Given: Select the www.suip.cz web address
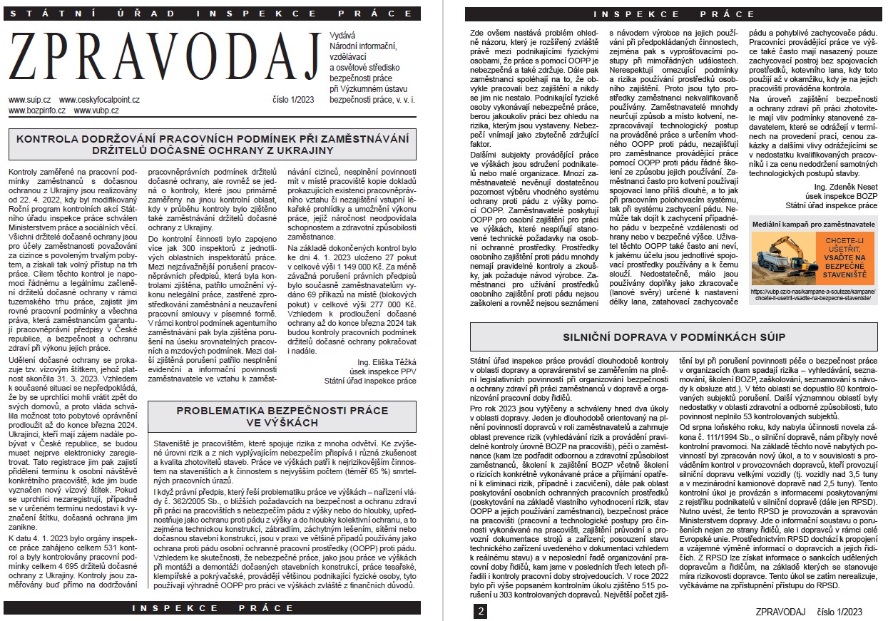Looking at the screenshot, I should click(x=29, y=101).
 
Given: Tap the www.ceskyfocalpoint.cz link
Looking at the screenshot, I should click(x=99, y=101).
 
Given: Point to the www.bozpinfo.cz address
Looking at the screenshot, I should click(x=37, y=111).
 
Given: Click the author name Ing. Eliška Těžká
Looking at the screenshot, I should click(x=386, y=362).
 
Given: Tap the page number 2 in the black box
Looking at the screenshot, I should click(x=481, y=612).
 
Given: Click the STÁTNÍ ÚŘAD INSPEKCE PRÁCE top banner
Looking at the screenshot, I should click(x=212, y=14).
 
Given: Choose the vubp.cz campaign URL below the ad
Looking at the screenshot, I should click(x=813, y=295).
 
